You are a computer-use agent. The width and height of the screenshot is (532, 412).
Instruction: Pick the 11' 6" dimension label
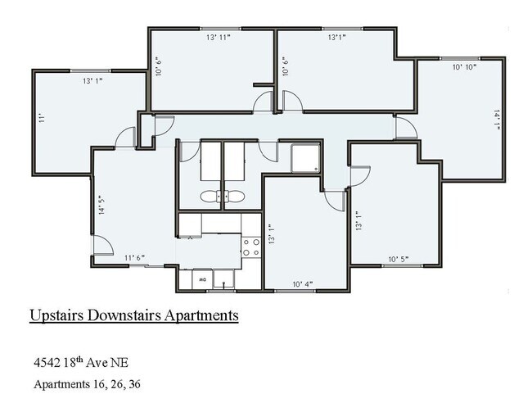pos(134,258)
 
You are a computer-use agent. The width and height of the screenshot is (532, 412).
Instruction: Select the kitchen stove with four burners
pos(250,247)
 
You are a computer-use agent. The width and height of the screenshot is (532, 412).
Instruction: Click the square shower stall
pos(305,157)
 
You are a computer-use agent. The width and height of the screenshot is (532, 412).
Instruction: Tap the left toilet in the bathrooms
pos(209,197)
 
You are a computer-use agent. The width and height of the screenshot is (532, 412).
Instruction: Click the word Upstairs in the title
pos(58,315)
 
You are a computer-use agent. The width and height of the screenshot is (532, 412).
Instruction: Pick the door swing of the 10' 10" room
pos(405,129)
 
